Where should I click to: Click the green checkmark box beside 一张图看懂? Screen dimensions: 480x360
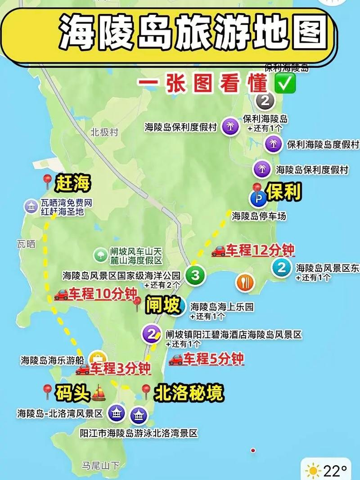pyautogui.click(x=284, y=85)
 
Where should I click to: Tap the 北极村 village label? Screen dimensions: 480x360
pyautogui.click(x=104, y=132)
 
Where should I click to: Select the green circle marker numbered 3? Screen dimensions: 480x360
pyautogui.click(x=195, y=275)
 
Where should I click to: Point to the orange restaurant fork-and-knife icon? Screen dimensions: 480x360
pyautogui.click(x=245, y=282)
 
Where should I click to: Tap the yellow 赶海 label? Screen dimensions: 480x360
pyautogui.click(x=73, y=183)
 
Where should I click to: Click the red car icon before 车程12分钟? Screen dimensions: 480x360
pyautogui.click(x=218, y=251)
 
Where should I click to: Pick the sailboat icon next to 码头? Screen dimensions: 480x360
pyautogui.click(x=99, y=394)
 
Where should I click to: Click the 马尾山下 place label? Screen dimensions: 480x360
pyautogui.click(x=100, y=465)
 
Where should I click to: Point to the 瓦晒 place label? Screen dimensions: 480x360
pyautogui.click(x=26, y=244)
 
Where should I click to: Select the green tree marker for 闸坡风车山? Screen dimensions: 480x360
pyautogui.click(x=100, y=255)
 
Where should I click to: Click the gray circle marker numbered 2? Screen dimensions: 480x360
pyautogui.click(x=265, y=100)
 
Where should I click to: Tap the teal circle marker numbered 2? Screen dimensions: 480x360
pyautogui.click(x=282, y=268)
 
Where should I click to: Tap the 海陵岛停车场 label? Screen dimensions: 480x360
pyautogui.click(x=259, y=216)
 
